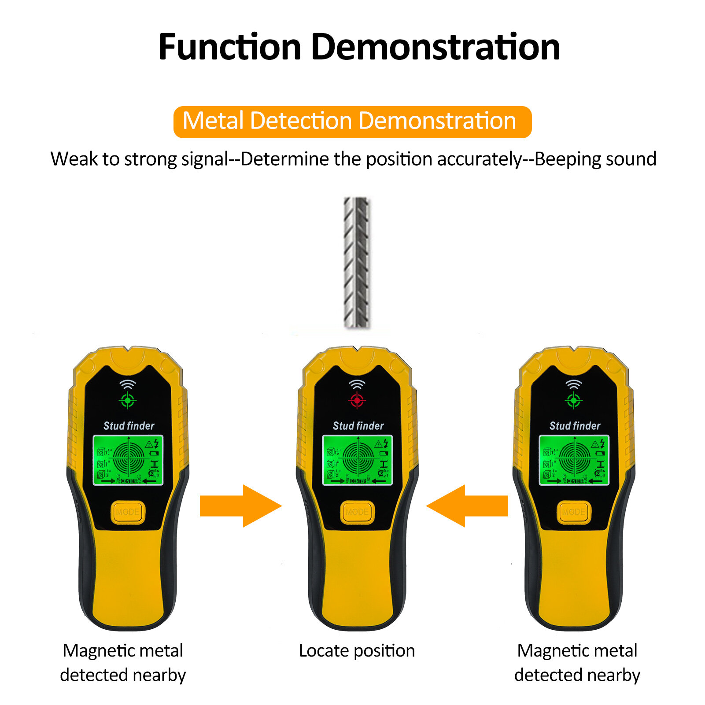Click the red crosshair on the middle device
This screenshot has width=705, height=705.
pyautogui.click(x=357, y=400)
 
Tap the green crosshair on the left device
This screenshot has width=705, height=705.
pyautogui.click(x=128, y=400)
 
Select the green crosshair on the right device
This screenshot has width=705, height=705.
pyautogui.click(x=573, y=400)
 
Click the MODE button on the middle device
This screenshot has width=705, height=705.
pyautogui.click(x=357, y=512)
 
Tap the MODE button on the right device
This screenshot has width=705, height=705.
pyautogui.click(x=573, y=512)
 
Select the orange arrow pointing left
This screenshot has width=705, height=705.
pyautogui.click(x=468, y=506)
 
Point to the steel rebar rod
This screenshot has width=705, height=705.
pyautogui.click(x=357, y=262)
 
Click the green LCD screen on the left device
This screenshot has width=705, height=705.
pyautogui.click(x=128, y=460)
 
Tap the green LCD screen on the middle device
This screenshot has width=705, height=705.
pyautogui.click(x=358, y=460)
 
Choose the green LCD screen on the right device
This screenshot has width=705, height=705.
pyautogui.click(x=574, y=460)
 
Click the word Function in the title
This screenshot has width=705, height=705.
pyautogui.click(x=229, y=47)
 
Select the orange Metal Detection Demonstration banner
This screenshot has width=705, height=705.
pyautogui.click(x=352, y=122)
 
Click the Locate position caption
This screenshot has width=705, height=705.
pyautogui.click(x=357, y=651)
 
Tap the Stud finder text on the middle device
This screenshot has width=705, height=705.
pyautogui.click(x=358, y=426)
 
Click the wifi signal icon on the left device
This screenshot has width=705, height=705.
pyautogui.click(x=128, y=384)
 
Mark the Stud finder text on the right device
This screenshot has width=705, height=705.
pyautogui.click(x=575, y=426)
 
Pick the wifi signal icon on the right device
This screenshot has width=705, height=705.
pyautogui.click(x=573, y=384)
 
